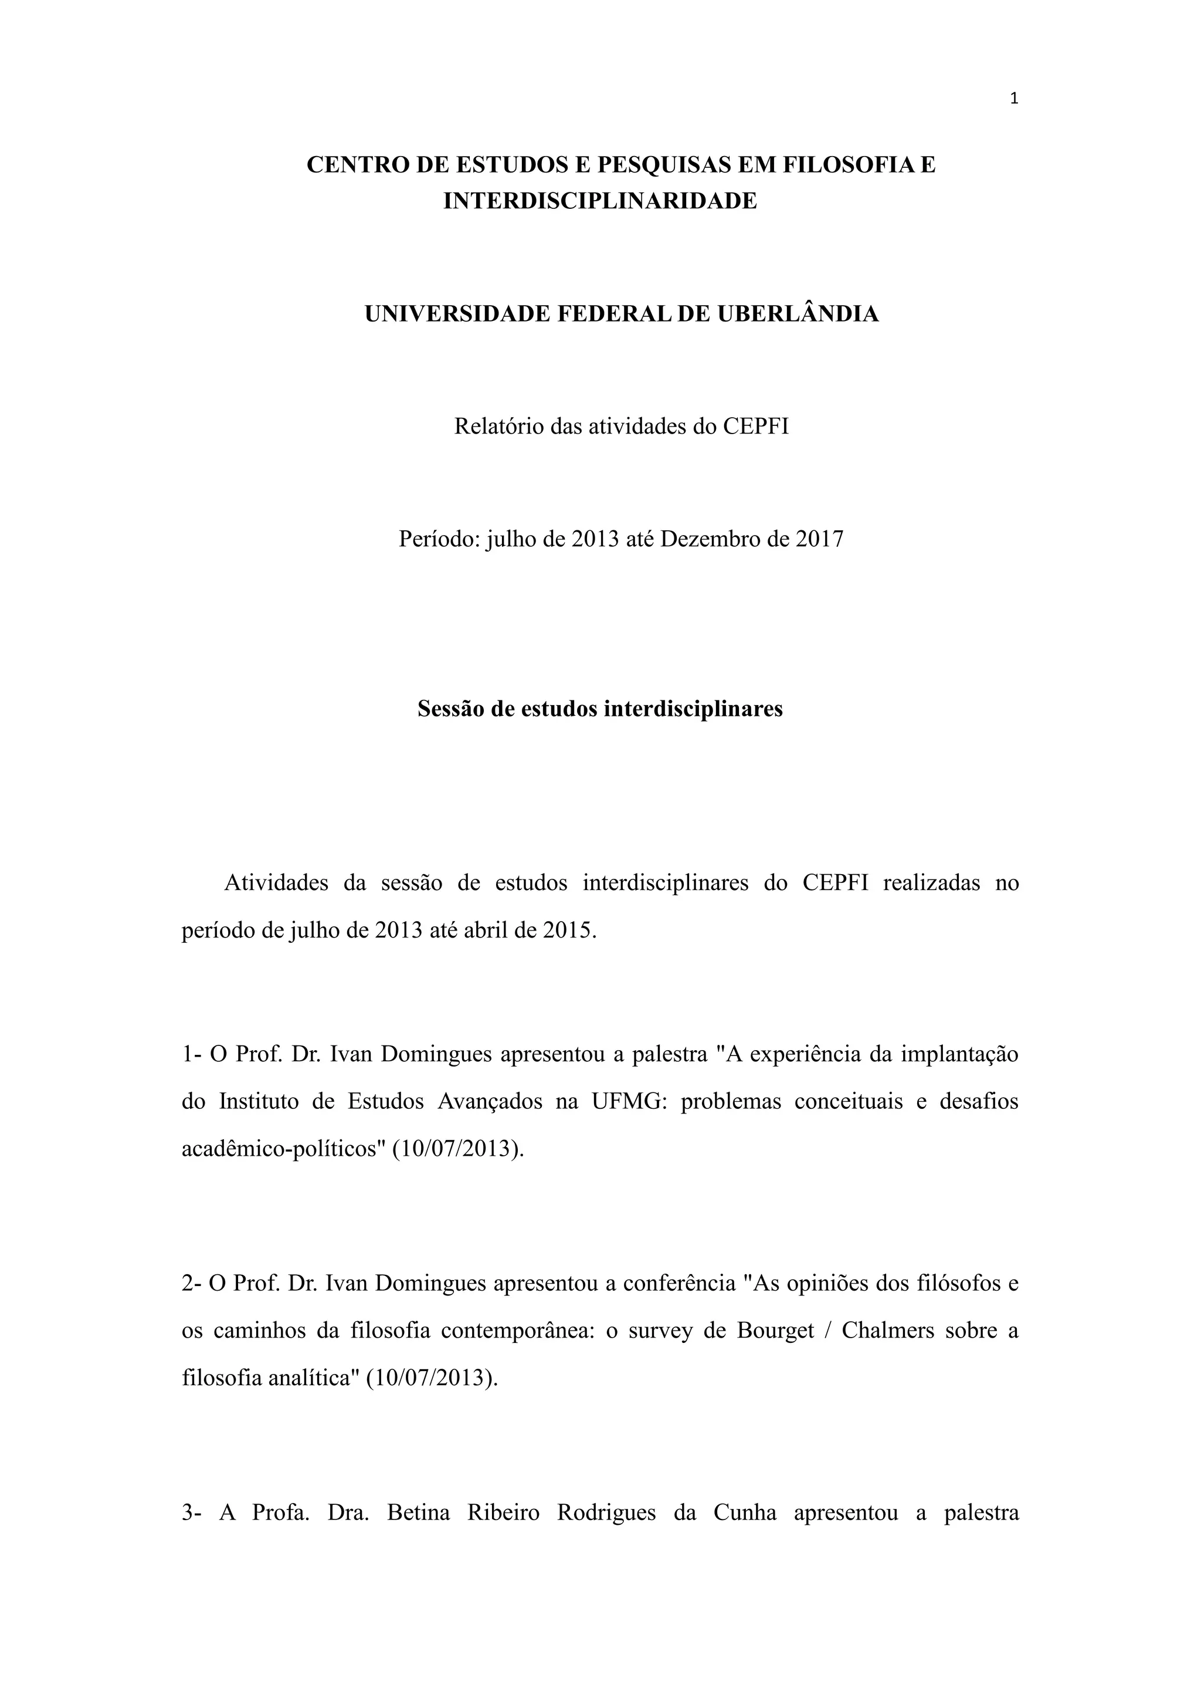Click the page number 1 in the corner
pyautogui.click(x=1014, y=99)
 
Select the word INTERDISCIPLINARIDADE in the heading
pyautogui.click(x=600, y=201)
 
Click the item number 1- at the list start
pyautogui.click(x=192, y=1054)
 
